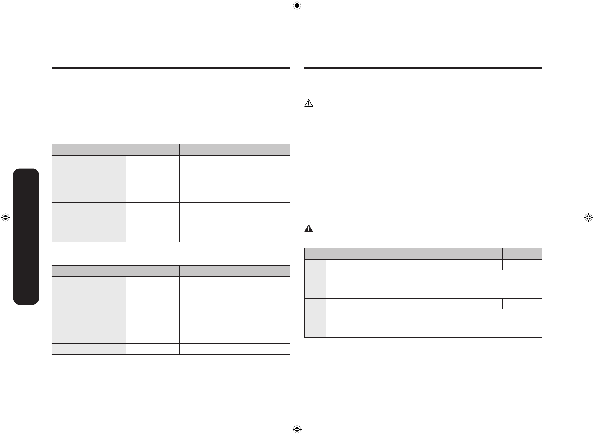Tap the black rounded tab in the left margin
(x=26, y=237)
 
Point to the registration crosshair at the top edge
(x=296, y=6)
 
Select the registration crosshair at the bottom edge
(x=296, y=429)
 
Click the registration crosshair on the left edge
(x=6, y=217)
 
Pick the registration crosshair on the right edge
(x=588, y=217)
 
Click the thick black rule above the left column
(x=171, y=68)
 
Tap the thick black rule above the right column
(x=423, y=68)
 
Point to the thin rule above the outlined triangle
(x=423, y=93)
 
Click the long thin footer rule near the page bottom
(x=317, y=398)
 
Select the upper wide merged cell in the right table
(x=469, y=284)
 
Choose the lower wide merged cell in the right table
(x=469, y=323)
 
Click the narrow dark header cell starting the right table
(x=315, y=253)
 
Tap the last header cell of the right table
(x=522, y=253)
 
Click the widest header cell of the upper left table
(x=89, y=150)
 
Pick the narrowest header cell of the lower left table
(x=192, y=271)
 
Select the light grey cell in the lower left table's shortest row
(x=89, y=349)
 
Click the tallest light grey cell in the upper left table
(x=89, y=169)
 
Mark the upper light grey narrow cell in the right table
(x=315, y=279)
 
